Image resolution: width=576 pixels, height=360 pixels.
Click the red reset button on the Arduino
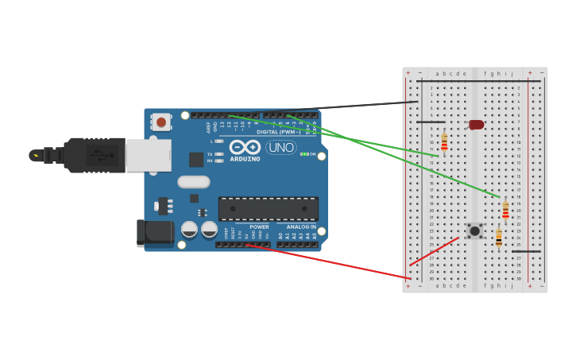(x=161, y=122)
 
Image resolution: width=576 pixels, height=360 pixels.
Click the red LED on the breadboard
(x=476, y=125)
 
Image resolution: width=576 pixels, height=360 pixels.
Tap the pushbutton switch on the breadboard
(x=475, y=231)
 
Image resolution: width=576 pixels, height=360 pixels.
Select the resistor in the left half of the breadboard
(x=444, y=142)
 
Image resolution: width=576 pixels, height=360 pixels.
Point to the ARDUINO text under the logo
(x=245, y=159)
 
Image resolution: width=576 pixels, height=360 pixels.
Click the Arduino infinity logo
(x=245, y=146)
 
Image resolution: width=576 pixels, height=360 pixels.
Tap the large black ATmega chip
(x=268, y=208)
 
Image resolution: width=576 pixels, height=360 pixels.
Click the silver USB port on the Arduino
(x=148, y=155)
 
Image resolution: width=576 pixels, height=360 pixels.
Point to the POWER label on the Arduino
(x=259, y=226)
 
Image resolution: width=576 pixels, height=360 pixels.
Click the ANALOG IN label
(x=296, y=226)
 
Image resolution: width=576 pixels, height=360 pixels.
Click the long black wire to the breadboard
(x=358, y=107)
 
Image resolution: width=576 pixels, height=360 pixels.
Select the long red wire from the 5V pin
(x=334, y=261)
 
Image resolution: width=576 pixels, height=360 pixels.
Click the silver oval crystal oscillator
(x=193, y=182)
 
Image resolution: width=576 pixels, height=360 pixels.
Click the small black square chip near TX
(x=196, y=159)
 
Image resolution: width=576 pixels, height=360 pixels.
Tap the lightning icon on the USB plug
(x=36, y=155)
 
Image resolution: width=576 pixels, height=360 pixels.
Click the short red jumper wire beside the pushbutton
(x=435, y=251)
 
